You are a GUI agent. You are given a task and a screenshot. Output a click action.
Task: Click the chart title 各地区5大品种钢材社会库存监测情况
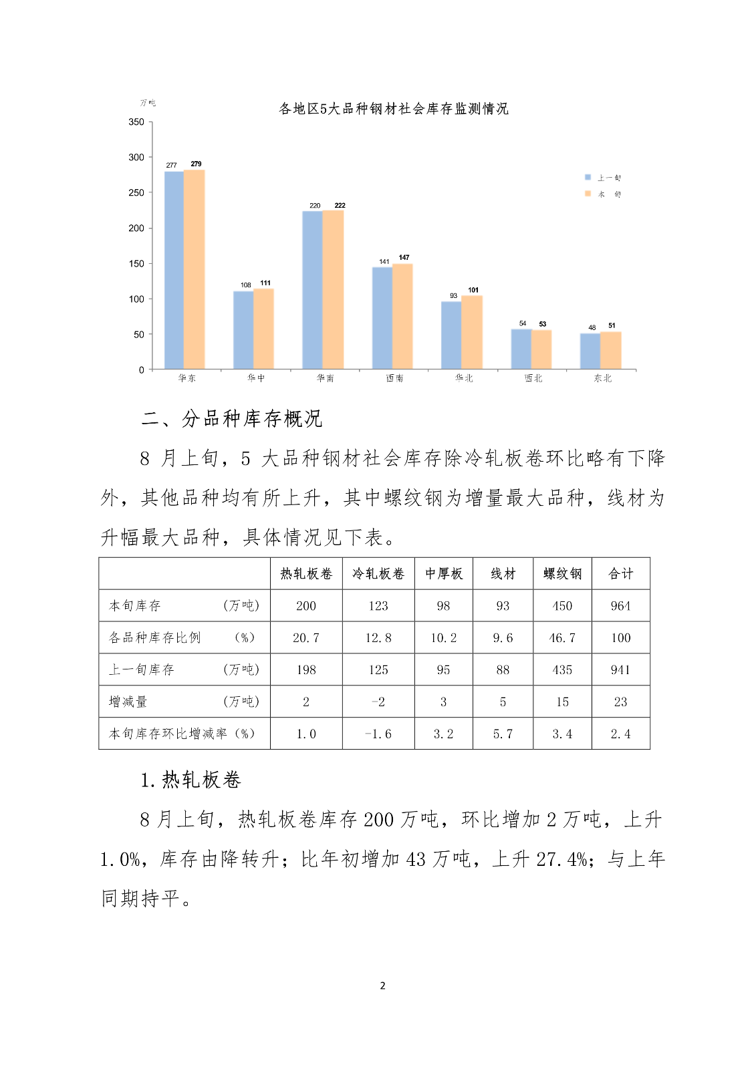tap(394, 109)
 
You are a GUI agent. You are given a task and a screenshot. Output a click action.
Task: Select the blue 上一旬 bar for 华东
tap(174, 271)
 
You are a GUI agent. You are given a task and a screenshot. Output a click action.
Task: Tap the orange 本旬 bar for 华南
tap(333, 289)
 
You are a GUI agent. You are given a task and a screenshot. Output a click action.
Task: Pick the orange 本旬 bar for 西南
tap(402, 316)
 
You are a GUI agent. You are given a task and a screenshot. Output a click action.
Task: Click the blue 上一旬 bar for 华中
tap(243, 330)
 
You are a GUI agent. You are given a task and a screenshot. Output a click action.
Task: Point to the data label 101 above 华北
tap(473, 290)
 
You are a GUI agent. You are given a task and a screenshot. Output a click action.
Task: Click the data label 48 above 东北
tap(592, 327)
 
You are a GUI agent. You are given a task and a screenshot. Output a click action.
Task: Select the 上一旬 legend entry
tap(604, 178)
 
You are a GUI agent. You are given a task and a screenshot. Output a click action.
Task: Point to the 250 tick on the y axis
tap(136, 192)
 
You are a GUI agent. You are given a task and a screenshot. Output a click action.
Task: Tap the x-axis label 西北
tap(533, 378)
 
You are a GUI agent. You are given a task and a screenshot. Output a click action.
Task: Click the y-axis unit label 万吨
tap(148, 103)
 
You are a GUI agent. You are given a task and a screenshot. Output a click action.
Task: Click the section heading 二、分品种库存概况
tap(232, 419)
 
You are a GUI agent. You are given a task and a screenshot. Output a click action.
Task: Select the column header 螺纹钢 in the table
tap(562, 574)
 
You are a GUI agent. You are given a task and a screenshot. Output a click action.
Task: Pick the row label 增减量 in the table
tap(128, 702)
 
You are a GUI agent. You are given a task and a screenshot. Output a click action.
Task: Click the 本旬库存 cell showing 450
tap(562, 606)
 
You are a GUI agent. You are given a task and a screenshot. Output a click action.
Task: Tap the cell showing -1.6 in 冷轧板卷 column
tap(378, 734)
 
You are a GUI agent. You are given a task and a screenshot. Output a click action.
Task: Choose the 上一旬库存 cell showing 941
tap(620, 669)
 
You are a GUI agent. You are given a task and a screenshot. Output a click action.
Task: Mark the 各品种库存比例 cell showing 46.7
tap(562, 638)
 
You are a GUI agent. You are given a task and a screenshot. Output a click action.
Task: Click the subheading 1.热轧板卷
tap(191, 780)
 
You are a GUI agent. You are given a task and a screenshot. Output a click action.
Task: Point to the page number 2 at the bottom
tap(382, 985)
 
